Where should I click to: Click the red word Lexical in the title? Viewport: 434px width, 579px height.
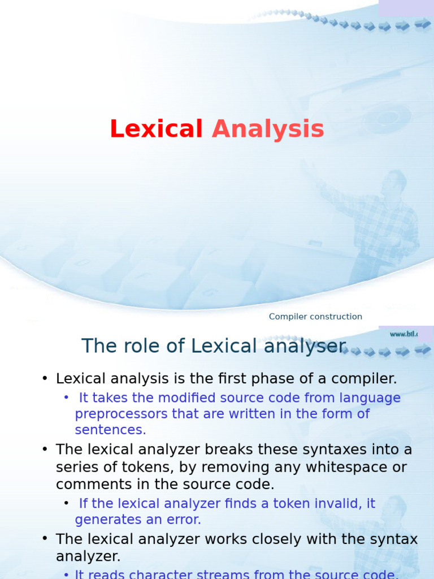pyautogui.click(x=156, y=129)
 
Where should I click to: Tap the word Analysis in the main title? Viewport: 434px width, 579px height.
pyautogui.click(x=268, y=129)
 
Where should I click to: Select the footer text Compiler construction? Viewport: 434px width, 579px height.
pyautogui.click(x=315, y=317)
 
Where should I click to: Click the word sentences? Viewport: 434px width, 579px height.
pyautogui.click(x=110, y=429)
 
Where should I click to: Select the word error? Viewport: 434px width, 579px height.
pyautogui.click(x=185, y=519)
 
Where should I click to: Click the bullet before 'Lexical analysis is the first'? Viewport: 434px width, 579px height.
pyautogui.click(x=45, y=379)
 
